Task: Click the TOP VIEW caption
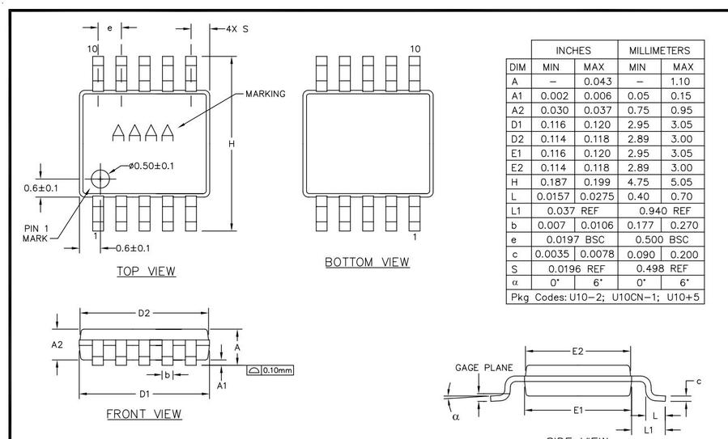[x=146, y=271]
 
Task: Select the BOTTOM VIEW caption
[x=367, y=262]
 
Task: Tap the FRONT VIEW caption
[x=144, y=414]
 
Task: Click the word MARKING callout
[x=265, y=94]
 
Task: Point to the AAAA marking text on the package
[x=143, y=133]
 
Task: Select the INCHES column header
[x=573, y=50]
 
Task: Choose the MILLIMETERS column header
[x=660, y=50]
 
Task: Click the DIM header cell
[x=518, y=66]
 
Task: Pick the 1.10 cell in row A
[x=683, y=81]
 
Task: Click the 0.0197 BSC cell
[x=573, y=239]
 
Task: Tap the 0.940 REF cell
[x=660, y=210]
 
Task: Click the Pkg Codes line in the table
[x=605, y=297]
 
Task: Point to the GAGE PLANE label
[x=483, y=368]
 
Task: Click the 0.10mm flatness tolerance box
[x=270, y=370]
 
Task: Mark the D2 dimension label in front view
[x=143, y=313]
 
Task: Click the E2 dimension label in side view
[x=578, y=351]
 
